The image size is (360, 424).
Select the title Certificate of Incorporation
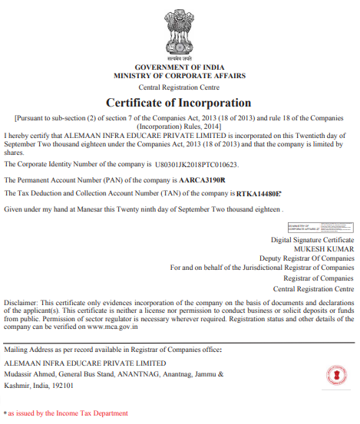click(179, 102)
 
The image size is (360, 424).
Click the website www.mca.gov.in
click(111, 326)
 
